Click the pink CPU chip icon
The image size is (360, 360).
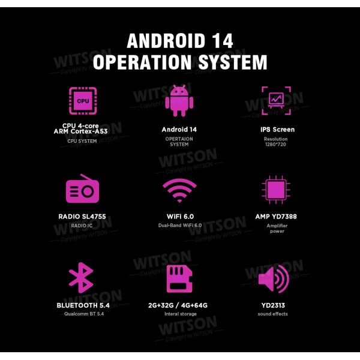click(x=83, y=101)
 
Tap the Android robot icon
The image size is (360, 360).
click(x=179, y=101)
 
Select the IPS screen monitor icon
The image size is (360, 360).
click(x=276, y=101)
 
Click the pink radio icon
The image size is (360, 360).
click(x=82, y=189)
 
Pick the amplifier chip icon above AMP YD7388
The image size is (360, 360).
click(x=276, y=190)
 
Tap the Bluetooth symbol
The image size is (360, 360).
click(x=81, y=278)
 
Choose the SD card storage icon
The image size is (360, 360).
click(x=179, y=278)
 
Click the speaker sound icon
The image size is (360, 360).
click(x=274, y=279)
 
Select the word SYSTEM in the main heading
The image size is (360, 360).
click(x=233, y=62)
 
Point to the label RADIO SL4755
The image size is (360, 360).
click(x=82, y=217)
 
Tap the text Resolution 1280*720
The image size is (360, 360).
click(x=276, y=142)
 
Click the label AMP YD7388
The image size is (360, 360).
click(x=276, y=217)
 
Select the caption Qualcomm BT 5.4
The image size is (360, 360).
click(x=84, y=314)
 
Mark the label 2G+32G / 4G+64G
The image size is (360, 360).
click(x=178, y=305)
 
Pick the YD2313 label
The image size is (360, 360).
click(x=273, y=305)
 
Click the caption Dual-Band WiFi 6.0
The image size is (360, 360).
click(x=180, y=225)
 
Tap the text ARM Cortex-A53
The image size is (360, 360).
click(x=80, y=131)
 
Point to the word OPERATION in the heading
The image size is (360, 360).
click(x=142, y=62)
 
